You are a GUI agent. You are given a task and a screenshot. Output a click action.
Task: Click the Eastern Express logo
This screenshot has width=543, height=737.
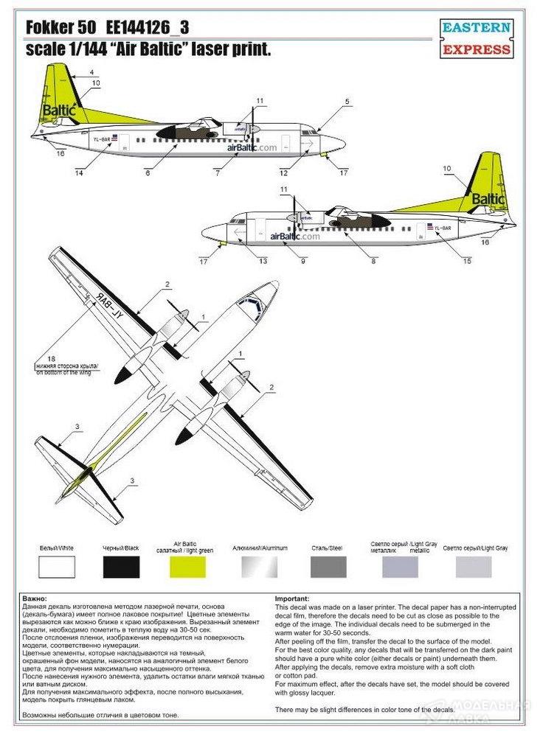click(x=476, y=39)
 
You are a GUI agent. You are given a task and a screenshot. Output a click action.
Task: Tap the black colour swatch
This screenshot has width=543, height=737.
click(x=122, y=567)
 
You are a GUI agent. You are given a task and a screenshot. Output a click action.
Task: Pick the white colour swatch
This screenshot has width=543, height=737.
click(x=58, y=567)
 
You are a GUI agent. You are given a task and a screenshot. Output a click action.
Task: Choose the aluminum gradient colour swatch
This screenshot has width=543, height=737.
click(x=260, y=567)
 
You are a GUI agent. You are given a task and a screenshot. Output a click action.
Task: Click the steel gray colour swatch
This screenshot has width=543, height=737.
click(x=328, y=567)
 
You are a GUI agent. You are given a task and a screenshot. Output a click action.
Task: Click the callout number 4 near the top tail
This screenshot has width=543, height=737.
click(x=91, y=71)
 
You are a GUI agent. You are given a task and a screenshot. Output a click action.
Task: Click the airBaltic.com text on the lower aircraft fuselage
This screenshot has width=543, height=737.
click(x=295, y=237)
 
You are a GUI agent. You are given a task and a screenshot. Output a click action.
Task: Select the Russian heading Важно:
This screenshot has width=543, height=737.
click(x=35, y=600)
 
